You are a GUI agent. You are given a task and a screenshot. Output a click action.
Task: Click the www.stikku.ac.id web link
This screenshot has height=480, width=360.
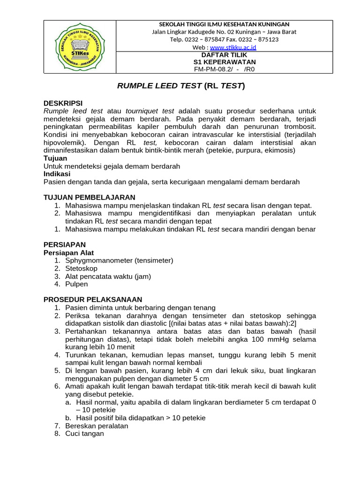click(233, 47)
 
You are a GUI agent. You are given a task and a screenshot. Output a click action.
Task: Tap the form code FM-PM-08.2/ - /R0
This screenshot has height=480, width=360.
click(224, 69)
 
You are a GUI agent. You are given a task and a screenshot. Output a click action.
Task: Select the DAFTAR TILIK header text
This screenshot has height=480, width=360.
click(224, 55)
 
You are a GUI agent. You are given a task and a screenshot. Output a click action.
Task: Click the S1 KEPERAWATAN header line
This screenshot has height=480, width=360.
click(225, 62)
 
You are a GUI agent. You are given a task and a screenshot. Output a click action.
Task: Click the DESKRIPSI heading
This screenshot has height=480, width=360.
click(63, 103)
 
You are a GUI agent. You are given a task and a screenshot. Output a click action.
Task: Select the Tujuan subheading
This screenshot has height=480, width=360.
click(55, 158)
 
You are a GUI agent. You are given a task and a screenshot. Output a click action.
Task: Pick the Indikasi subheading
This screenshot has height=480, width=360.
click(57, 174)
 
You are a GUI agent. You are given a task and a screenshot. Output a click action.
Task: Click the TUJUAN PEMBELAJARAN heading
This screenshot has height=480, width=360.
click(89, 197)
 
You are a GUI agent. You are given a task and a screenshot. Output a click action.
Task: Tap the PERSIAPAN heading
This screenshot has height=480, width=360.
click(65, 245)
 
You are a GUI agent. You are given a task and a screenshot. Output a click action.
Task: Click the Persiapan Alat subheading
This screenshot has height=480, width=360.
click(68, 253)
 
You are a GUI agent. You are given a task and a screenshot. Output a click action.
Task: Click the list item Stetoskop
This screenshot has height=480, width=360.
click(82, 269)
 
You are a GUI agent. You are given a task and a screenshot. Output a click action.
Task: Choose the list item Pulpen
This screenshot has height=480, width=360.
click(76, 284)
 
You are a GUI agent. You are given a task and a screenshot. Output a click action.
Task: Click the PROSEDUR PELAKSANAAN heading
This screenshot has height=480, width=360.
click(93, 300)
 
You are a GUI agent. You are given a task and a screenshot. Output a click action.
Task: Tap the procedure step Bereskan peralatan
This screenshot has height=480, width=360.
click(97, 426)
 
